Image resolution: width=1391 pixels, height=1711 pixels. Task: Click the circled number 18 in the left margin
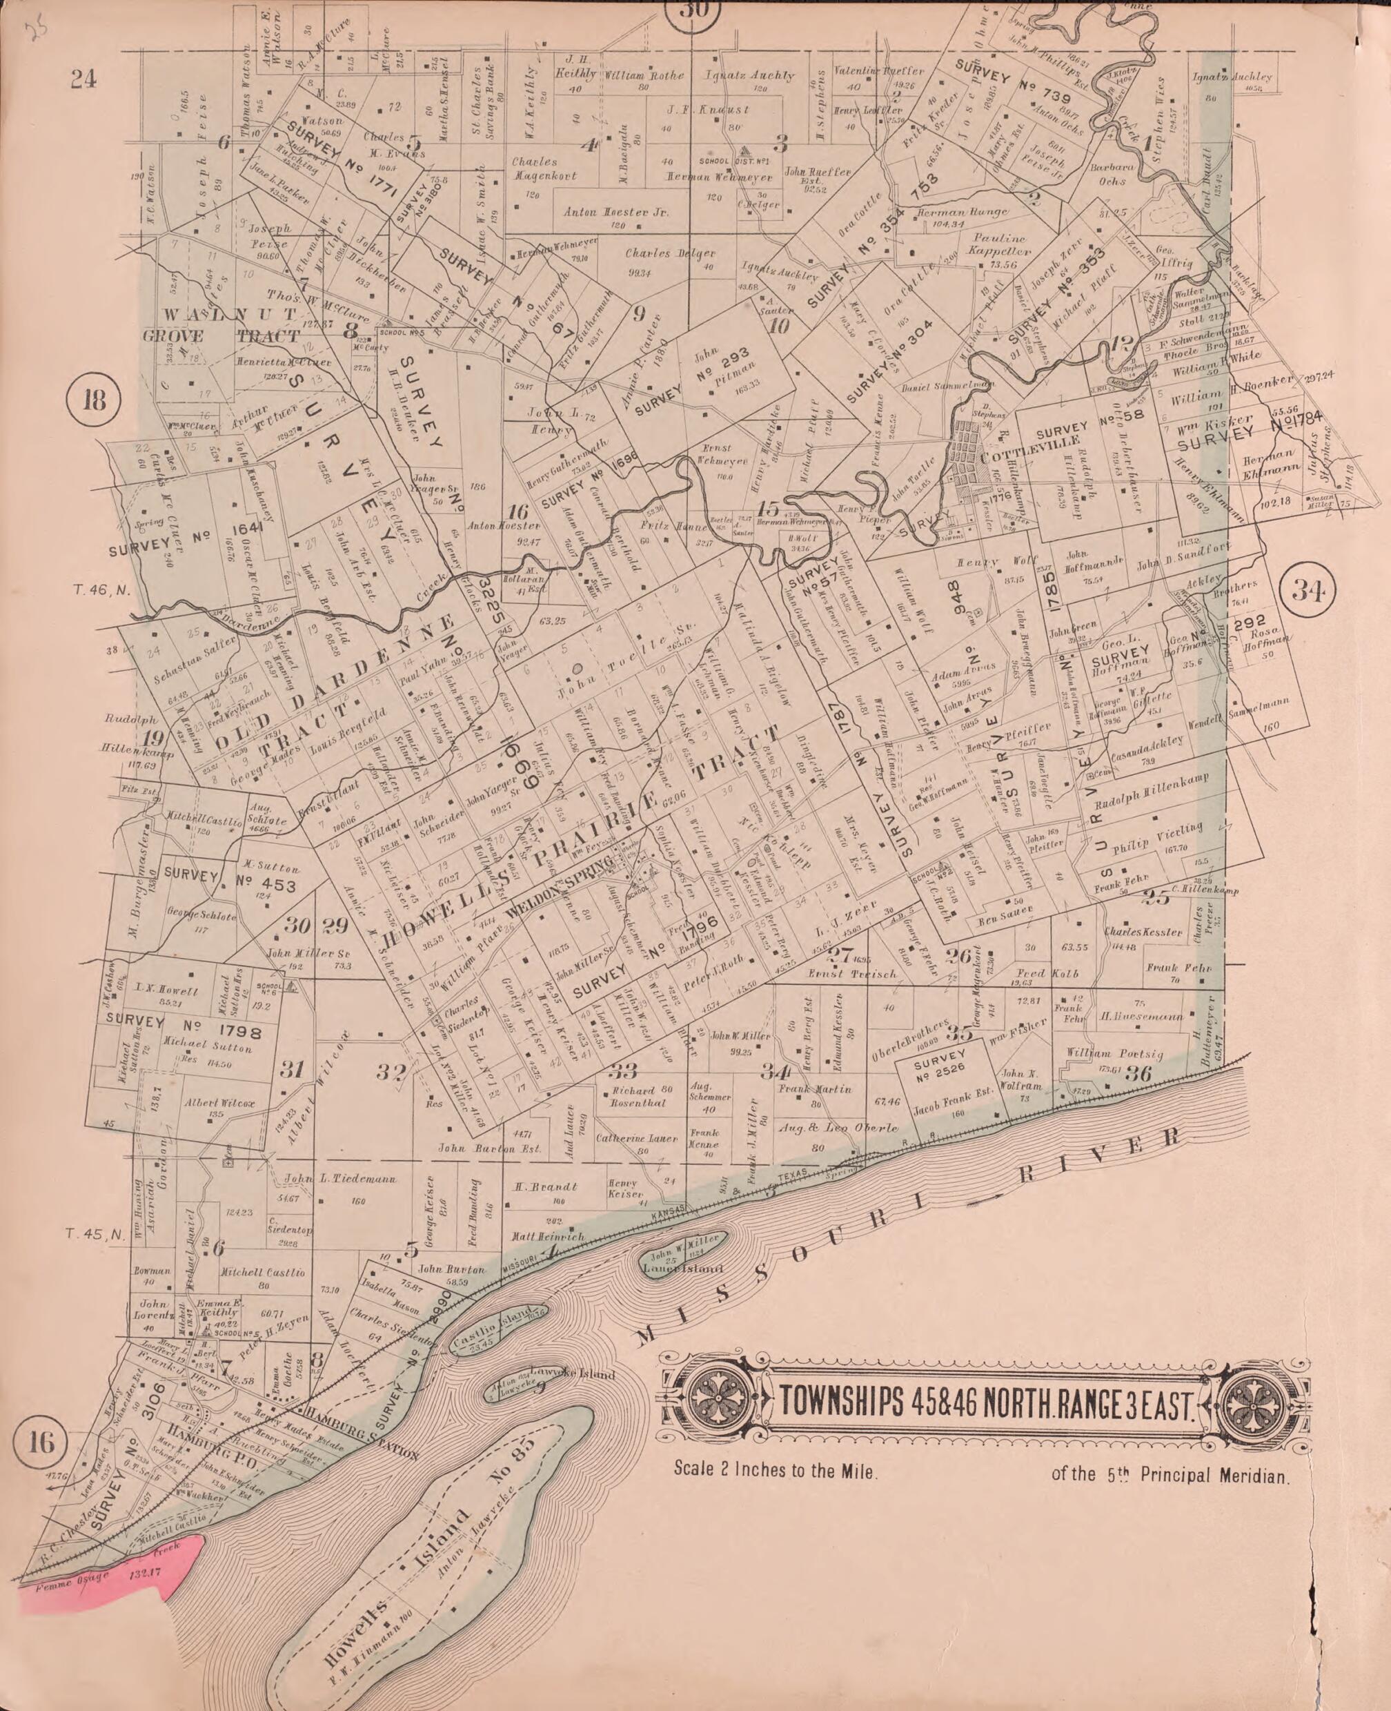[95, 400]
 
